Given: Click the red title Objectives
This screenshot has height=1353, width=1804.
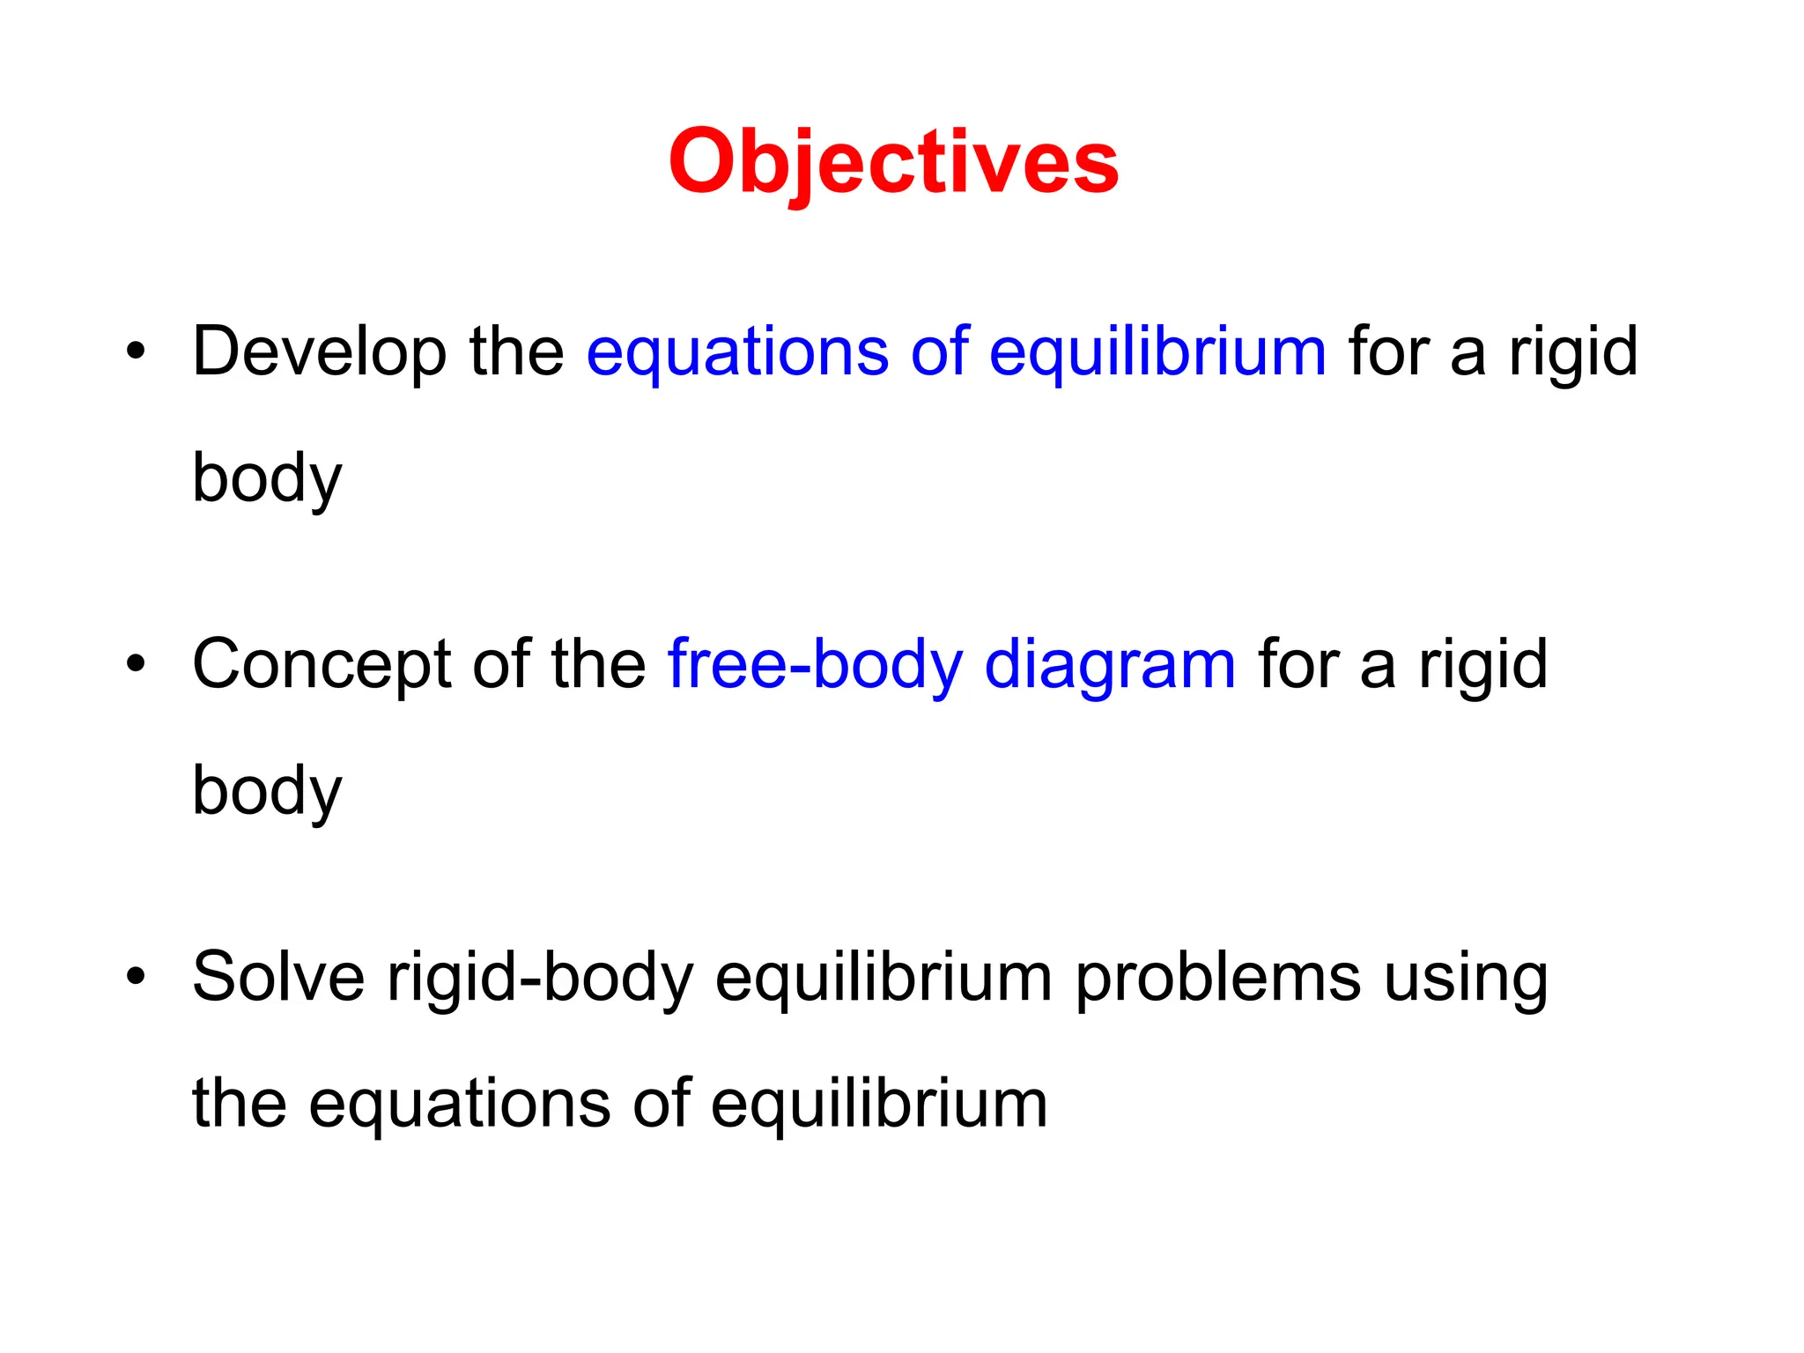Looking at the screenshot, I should tap(893, 164).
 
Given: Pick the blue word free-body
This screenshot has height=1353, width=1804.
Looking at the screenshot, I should tap(815, 665).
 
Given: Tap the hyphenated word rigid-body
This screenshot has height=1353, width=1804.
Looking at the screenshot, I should tap(540, 978).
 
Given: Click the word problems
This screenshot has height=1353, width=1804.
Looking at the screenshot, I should tap(1218, 978).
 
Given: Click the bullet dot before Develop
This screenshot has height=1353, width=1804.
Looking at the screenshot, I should tap(135, 352).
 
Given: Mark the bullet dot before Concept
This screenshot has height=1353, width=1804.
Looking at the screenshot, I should tap(135, 664).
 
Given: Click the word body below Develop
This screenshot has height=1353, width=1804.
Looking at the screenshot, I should tap(267, 478).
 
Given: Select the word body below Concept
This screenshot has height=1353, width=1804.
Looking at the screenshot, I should tap(267, 791).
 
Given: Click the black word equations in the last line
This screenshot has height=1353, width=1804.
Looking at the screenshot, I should tap(459, 1104).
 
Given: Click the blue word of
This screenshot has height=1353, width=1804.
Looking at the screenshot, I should tap(940, 351).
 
